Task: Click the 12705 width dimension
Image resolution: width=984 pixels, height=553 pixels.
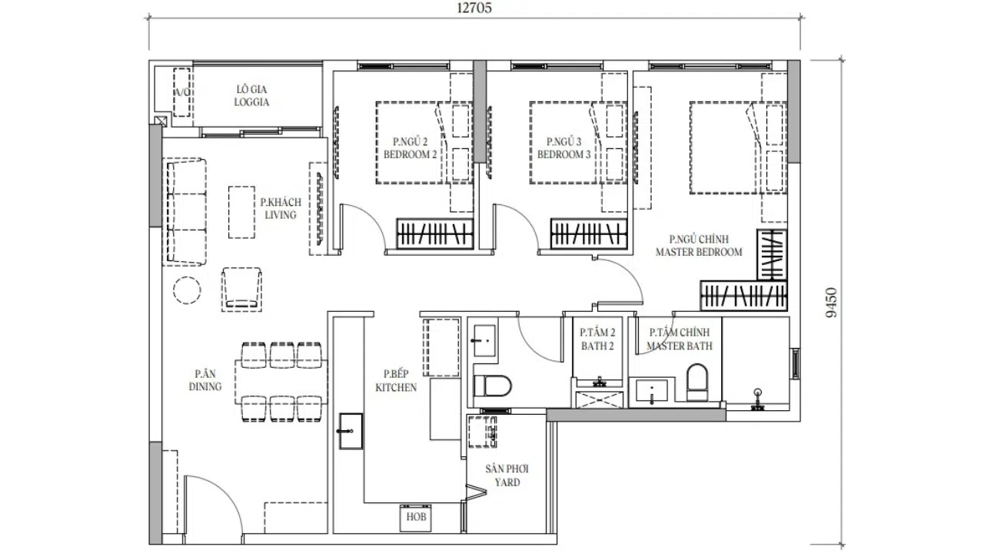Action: click(x=474, y=8)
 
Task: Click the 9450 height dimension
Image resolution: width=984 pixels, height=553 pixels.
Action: click(x=832, y=303)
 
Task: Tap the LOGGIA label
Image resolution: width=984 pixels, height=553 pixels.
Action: click(x=251, y=102)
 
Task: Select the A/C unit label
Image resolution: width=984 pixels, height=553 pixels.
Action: click(x=182, y=92)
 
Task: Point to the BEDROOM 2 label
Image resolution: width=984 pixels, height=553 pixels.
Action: click(x=411, y=154)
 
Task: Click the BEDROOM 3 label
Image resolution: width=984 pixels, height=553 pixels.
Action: click(x=564, y=154)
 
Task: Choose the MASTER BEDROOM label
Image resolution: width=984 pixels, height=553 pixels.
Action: click(x=699, y=252)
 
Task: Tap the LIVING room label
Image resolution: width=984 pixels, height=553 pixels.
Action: click(x=281, y=215)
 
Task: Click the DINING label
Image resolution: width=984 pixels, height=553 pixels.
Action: click(x=205, y=386)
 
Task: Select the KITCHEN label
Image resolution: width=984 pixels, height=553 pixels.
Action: click(x=396, y=388)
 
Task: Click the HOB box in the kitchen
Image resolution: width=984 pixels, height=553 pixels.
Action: click(x=416, y=518)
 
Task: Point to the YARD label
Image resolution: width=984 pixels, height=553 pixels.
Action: click(x=507, y=482)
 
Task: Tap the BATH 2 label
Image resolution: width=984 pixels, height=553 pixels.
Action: click(x=597, y=346)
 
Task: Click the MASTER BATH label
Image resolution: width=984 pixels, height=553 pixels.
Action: click(x=680, y=346)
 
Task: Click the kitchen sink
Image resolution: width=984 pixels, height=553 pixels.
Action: click(x=351, y=431)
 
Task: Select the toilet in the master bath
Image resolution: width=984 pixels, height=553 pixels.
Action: click(x=697, y=382)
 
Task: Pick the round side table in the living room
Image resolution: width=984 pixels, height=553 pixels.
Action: click(x=187, y=290)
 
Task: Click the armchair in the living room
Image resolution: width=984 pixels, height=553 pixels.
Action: click(x=241, y=290)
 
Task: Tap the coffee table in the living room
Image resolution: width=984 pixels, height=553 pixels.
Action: click(x=241, y=213)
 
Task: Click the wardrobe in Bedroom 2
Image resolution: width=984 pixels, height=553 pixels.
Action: click(x=435, y=234)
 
